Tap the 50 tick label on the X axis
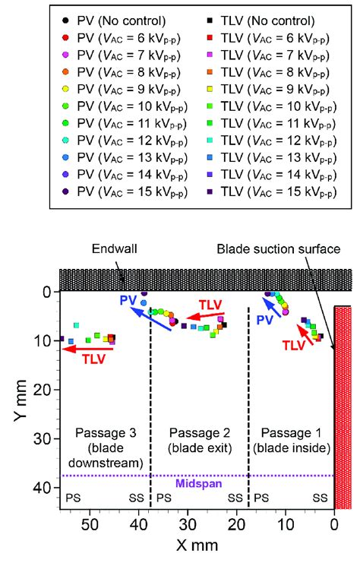[x=90, y=523]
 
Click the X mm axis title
[x=195, y=546]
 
